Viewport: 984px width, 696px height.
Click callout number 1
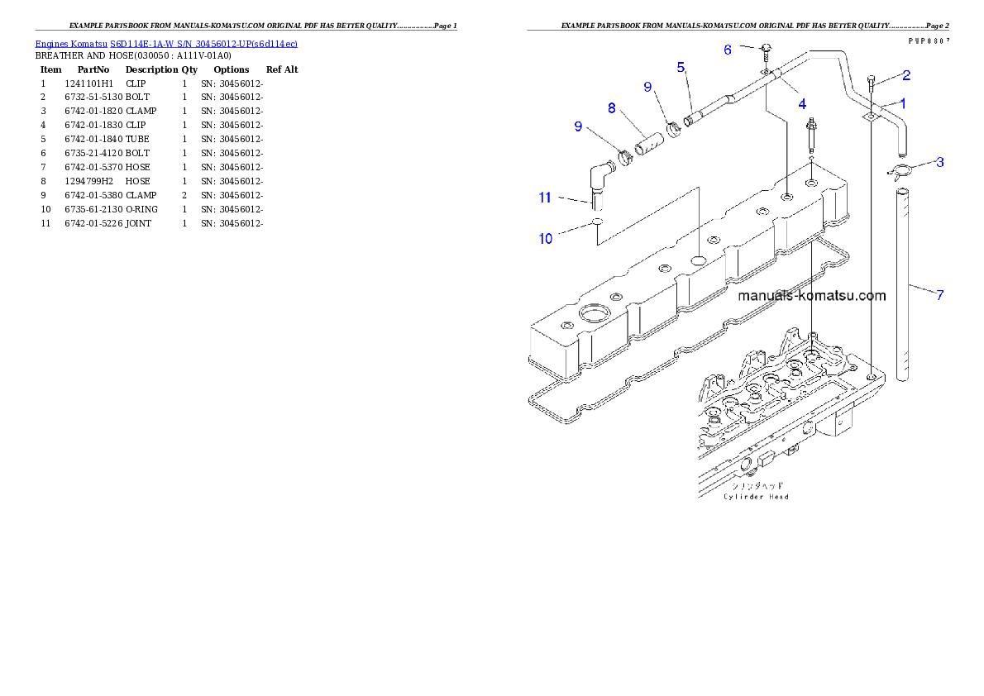pyautogui.click(x=903, y=103)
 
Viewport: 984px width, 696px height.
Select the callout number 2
pyautogui.click(x=906, y=75)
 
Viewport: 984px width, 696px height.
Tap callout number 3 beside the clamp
pyautogui.click(x=940, y=162)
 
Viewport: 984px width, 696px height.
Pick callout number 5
pyautogui.click(x=681, y=67)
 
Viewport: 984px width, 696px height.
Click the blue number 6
pyautogui.click(x=728, y=50)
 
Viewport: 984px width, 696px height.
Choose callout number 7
pyautogui.click(x=939, y=293)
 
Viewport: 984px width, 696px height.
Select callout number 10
pyautogui.click(x=546, y=239)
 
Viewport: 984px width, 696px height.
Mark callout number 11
pyautogui.click(x=545, y=197)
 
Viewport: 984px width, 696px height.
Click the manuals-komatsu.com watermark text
pyautogui.click(x=811, y=295)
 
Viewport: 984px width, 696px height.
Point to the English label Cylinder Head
pyautogui.click(x=756, y=497)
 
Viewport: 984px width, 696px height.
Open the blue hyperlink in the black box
pyautogui.click(x=166, y=43)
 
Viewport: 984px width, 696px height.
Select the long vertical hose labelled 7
pyautogui.click(x=904, y=285)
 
